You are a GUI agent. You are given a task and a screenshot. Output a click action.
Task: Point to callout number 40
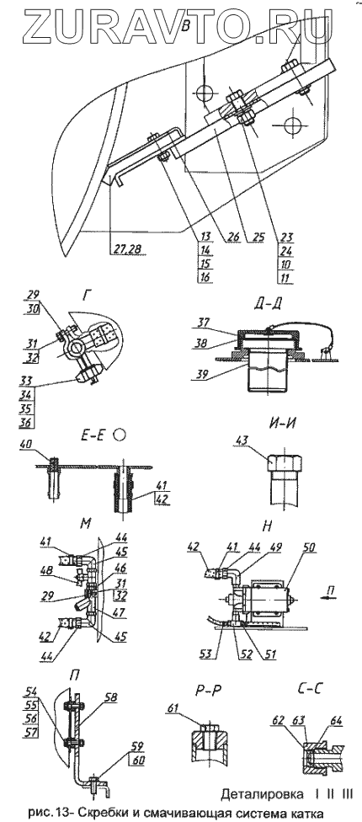pyautogui.click(x=25, y=445)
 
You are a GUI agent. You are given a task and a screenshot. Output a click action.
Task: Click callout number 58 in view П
pyautogui.click(x=110, y=697)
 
